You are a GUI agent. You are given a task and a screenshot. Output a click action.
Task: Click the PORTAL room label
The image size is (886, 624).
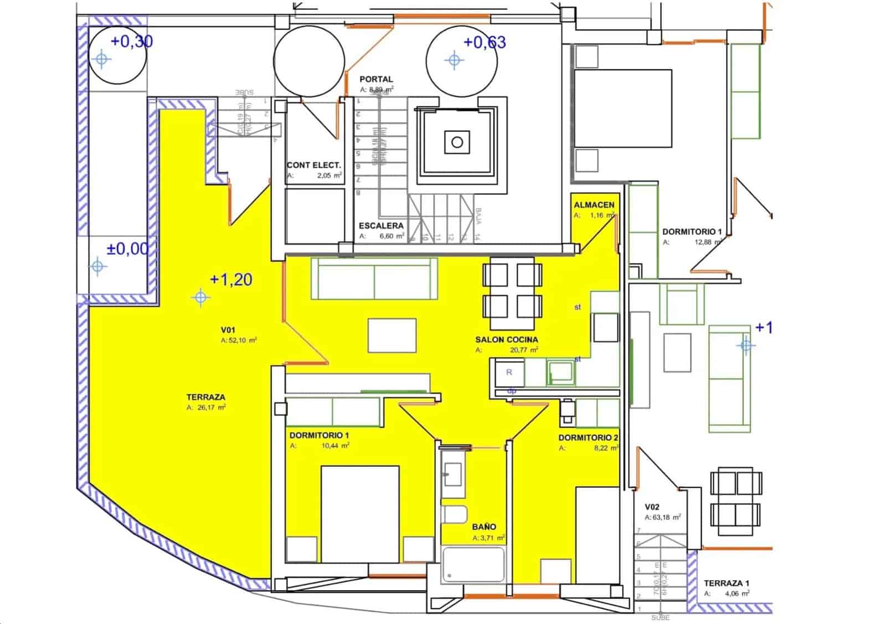[x=376, y=79]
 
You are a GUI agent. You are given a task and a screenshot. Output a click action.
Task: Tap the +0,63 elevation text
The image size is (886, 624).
[x=485, y=42]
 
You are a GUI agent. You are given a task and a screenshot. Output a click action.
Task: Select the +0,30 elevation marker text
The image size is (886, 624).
[x=132, y=41]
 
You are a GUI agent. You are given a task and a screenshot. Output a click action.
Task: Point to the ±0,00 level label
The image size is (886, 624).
[x=128, y=249]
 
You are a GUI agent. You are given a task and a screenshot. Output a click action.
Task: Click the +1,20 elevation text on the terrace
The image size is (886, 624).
[x=231, y=279]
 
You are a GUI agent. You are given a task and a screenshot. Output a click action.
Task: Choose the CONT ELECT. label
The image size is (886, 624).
[x=313, y=165]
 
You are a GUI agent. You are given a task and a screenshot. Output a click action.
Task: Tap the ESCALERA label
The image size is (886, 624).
[x=381, y=225]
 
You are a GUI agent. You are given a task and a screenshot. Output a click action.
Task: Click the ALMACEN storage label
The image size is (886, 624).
[x=594, y=204]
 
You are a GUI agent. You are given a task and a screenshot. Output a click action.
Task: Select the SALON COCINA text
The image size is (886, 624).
[x=506, y=339]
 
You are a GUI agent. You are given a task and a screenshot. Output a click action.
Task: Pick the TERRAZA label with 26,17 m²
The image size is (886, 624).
[x=206, y=397]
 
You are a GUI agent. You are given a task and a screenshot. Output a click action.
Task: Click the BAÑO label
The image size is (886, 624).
[x=484, y=527]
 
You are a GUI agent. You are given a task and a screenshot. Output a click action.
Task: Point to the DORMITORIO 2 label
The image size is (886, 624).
[x=588, y=437]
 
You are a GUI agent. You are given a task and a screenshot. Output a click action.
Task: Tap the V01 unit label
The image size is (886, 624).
[x=228, y=330]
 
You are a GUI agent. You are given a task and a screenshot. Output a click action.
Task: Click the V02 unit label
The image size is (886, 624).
[x=652, y=507]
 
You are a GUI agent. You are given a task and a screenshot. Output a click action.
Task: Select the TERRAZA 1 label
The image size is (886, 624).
[x=726, y=583]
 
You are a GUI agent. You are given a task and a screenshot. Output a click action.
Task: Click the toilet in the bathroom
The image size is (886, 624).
[x=455, y=514]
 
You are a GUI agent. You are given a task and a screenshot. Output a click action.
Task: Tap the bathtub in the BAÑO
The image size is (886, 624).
[x=473, y=564]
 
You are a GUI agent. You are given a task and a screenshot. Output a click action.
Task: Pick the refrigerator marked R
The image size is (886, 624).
[x=509, y=373]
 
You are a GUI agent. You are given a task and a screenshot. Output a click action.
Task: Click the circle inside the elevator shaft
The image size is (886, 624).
[x=457, y=142]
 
